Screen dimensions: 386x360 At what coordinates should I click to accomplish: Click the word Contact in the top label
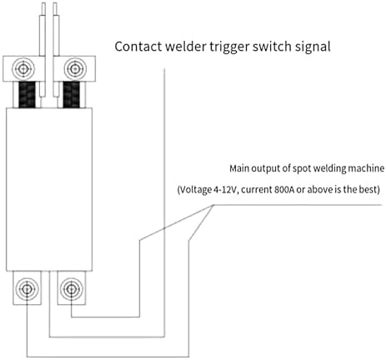[138, 47]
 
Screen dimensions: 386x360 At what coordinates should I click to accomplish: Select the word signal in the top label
[313, 47]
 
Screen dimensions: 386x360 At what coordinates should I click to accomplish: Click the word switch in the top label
[272, 47]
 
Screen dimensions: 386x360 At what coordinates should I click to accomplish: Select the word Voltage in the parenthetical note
[194, 190]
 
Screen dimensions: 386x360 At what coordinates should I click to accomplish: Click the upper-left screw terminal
[23, 68]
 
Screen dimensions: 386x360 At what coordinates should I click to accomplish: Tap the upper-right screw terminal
[75, 68]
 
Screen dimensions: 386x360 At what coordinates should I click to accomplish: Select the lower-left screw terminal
[27, 289]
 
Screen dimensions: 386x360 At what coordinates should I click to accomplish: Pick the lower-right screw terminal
[72, 289]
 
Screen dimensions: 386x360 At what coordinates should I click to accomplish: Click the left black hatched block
[27, 94]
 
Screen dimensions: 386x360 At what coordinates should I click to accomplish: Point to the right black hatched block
[72, 94]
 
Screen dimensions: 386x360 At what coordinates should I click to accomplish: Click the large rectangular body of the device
[49, 189]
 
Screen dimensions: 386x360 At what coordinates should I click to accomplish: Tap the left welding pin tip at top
[43, 3]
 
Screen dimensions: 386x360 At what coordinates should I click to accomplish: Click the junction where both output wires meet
[213, 205]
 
